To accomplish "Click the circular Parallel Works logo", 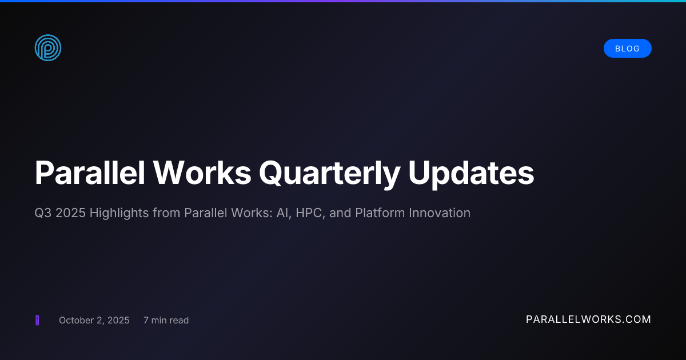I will [x=48, y=48].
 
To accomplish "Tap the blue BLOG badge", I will [x=627, y=49].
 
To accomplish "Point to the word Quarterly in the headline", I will [x=329, y=173].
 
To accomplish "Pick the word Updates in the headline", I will [x=471, y=173].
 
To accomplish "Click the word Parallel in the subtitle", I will [x=203, y=213].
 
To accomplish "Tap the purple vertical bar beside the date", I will [x=37, y=320].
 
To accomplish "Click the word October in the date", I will [x=76, y=320].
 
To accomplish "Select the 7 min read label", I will [x=166, y=320].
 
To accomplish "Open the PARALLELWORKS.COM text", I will [x=588, y=319].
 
